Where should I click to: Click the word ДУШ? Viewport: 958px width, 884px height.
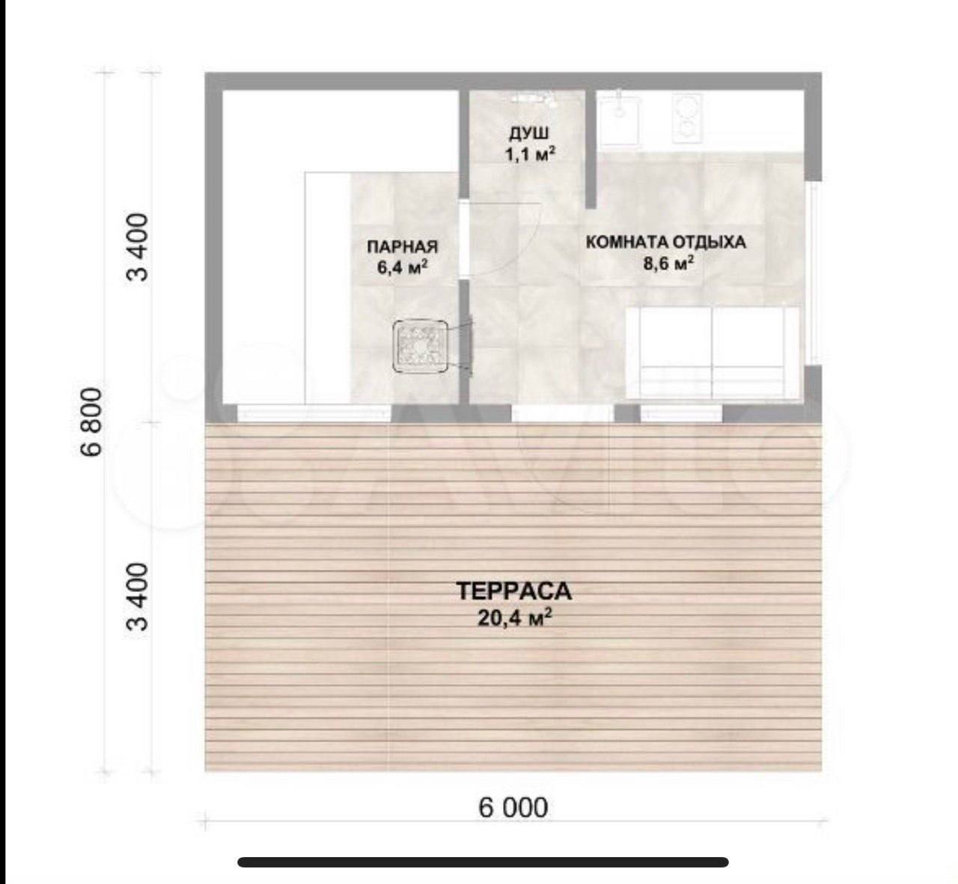click(x=529, y=132)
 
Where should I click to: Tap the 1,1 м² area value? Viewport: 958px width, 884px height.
click(x=530, y=154)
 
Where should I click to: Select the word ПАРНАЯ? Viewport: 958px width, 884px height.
click(x=403, y=247)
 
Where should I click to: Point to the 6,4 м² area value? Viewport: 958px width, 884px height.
click(x=403, y=267)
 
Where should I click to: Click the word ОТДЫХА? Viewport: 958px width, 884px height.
click(x=708, y=242)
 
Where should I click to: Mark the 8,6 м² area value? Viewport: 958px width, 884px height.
click(x=668, y=263)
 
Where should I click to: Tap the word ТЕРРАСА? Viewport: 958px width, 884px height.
click(x=513, y=592)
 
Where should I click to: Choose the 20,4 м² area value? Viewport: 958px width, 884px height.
click(x=514, y=618)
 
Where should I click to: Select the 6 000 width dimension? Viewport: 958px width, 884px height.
click(x=513, y=808)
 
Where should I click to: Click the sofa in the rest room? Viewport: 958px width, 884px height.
click(x=713, y=353)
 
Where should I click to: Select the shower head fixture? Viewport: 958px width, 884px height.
click(x=534, y=99)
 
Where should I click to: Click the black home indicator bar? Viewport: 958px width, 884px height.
click(x=483, y=862)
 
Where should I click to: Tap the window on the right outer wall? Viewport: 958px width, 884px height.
click(x=814, y=273)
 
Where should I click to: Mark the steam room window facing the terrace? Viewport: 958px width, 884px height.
click(x=314, y=412)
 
